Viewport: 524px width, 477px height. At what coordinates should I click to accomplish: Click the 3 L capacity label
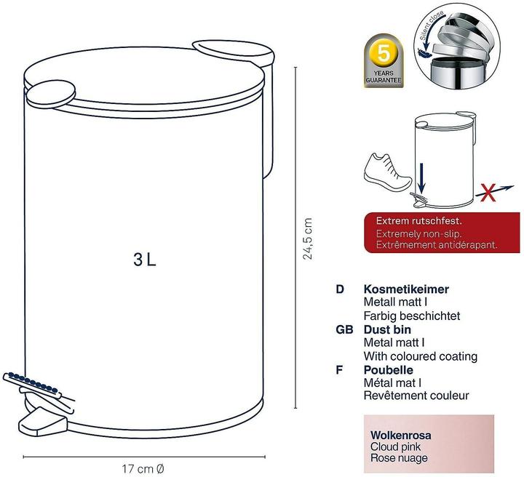click(145, 260)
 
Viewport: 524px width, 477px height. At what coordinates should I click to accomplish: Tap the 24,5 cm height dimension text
click(307, 238)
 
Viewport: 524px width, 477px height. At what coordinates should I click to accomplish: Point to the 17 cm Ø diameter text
click(143, 469)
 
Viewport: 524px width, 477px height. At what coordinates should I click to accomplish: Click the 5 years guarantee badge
click(384, 61)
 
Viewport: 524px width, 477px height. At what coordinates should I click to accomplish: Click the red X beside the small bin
click(488, 193)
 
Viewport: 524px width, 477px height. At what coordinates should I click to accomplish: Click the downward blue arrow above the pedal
click(421, 178)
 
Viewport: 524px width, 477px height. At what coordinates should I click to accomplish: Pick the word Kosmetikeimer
click(406, 289)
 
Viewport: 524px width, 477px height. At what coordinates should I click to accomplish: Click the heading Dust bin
click(387, 329)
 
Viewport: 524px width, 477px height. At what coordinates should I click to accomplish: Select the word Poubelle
click(389, 370)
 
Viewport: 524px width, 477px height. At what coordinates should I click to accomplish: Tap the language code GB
click(344, 330)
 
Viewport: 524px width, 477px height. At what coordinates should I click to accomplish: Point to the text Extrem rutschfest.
click(418, 220)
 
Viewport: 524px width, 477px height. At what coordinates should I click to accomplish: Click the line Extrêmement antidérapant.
click(437, 244)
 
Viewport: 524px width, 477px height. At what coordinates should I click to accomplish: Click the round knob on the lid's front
click(51, 94)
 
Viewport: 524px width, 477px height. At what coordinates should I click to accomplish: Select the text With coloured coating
click(421, 356)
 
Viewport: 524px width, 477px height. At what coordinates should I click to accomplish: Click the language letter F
click(339, 370)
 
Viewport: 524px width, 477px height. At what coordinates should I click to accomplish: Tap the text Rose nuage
click(399, 458)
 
